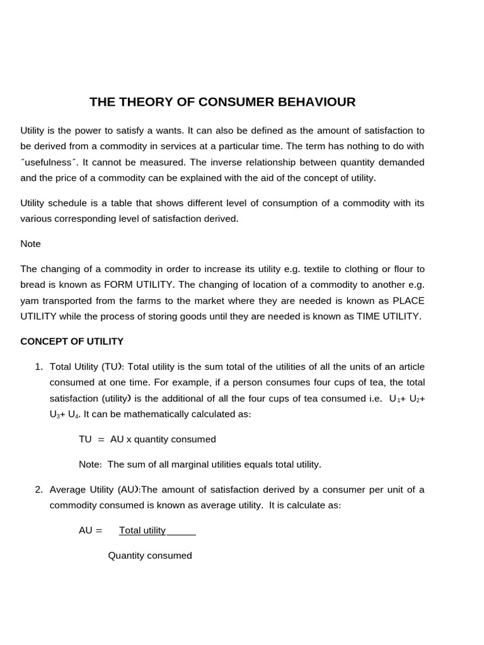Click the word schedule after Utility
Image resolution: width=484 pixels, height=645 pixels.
point(67,203)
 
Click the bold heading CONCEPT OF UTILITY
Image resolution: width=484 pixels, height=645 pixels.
point(72,341)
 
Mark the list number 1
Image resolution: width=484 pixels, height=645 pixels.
point(38,367)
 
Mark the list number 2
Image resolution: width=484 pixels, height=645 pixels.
point(38,489)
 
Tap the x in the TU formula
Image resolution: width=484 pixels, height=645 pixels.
point(129,439)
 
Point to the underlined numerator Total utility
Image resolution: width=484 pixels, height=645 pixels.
point(142,530)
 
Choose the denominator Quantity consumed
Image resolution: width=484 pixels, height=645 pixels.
point(150,556)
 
